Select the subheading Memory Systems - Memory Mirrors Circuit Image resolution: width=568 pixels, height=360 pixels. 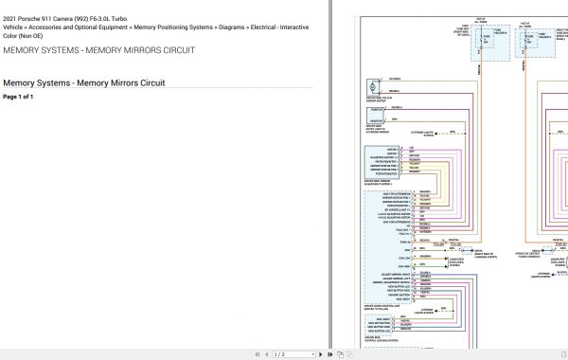point(84,83)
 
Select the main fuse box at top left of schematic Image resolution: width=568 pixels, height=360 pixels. point(489,43)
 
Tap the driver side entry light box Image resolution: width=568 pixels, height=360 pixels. point(381,115)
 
